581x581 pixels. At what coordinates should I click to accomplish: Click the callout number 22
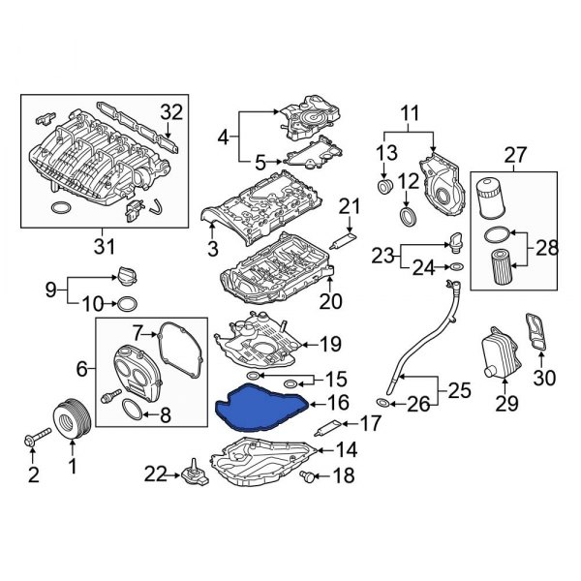point(155,473)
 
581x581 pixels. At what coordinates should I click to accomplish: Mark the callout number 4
point(224,138)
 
